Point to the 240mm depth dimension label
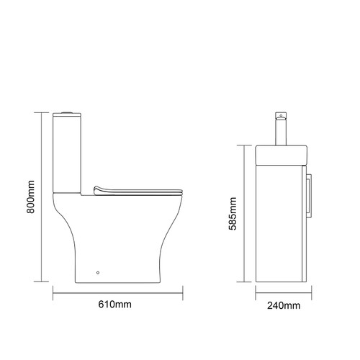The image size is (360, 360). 282,305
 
